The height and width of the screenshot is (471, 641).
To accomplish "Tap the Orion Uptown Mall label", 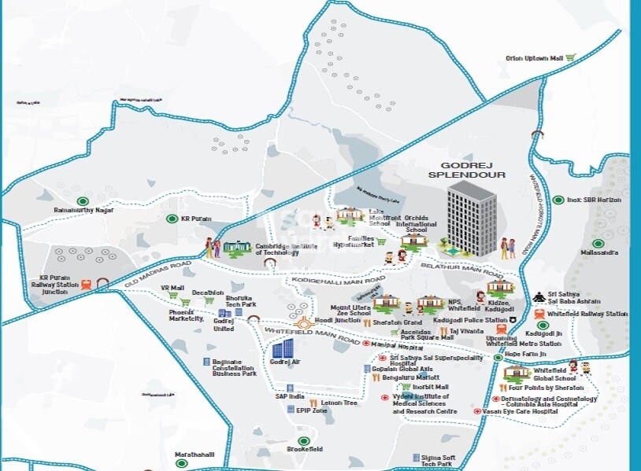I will [535, 58].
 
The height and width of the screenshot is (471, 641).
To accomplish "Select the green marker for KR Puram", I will [172, 219].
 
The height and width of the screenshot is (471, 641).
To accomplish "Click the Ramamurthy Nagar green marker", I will [83, 200].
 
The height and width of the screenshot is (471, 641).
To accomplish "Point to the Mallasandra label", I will [599, 253].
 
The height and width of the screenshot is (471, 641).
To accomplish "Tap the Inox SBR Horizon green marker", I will [558, 200].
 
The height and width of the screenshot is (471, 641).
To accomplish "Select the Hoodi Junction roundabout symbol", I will [304, 322].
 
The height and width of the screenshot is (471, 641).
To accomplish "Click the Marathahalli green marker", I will [182, 464].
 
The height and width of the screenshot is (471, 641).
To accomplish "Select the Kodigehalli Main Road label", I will [338, 280].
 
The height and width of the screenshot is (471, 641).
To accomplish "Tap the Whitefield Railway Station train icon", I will [539, 314].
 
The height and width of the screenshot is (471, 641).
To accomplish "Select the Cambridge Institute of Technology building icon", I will [235, 248].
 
